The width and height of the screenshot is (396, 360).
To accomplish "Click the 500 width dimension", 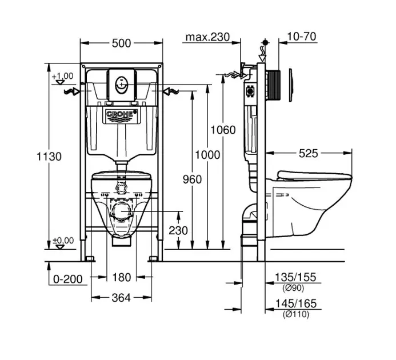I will tap(121, 42).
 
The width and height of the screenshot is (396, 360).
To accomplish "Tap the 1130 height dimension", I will tap(49, 156).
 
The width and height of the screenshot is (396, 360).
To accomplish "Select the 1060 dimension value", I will tap(222, 130).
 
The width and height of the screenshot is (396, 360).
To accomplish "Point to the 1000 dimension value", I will tap(206, 154).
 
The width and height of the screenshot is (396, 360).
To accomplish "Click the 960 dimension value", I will tap(192, 179).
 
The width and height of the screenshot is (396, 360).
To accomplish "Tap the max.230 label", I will tap(207, 38).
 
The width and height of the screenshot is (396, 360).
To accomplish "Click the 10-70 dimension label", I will tap(302, 37).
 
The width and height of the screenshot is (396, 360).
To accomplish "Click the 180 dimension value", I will tap(121, 278).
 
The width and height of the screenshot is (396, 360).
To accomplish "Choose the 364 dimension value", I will tap(121, 297).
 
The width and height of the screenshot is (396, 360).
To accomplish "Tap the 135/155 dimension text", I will tap(295, 278).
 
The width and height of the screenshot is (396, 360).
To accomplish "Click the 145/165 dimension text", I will tap(295, 304).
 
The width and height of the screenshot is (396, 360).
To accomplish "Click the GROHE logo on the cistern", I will tap(121, 115).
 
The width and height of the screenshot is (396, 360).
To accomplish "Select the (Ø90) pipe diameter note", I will tap(295, 287).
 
